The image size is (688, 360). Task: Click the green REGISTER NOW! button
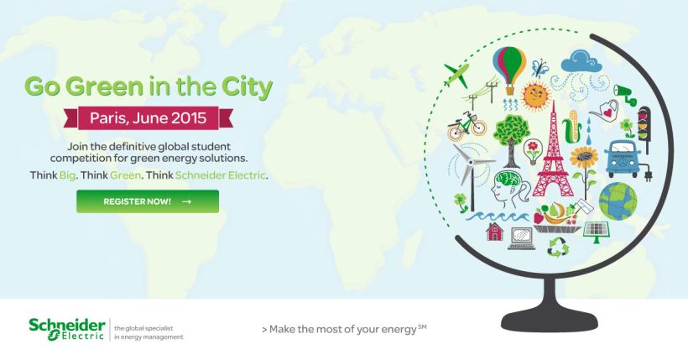tap(148, 201)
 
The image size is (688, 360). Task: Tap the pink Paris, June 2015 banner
tap(148, 118)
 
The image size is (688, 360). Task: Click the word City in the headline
tap(247, 86)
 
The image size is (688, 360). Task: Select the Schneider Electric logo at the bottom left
tap(67, 330)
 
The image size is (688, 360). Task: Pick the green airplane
tap(456, 75)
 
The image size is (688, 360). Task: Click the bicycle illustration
tap(466, 125)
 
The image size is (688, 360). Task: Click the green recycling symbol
tap(558, 247)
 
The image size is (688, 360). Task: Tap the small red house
tap(494, 232)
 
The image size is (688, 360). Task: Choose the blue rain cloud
tap(581, 62)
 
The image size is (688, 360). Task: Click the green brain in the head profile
tap(508, 180)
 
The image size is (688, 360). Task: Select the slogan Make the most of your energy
tap(344, 329)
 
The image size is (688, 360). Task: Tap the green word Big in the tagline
tap(67, 175)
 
